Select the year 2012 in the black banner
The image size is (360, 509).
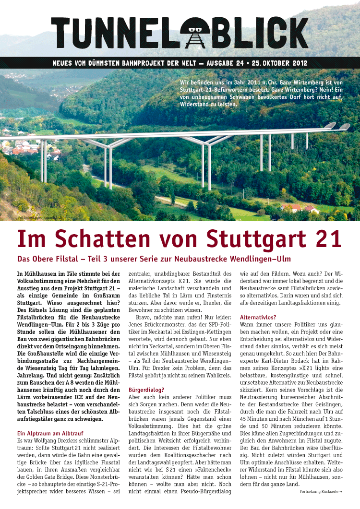pos(298,63)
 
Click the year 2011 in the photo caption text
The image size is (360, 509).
pos(243,82)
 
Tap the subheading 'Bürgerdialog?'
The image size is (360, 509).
pos(147,390)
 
